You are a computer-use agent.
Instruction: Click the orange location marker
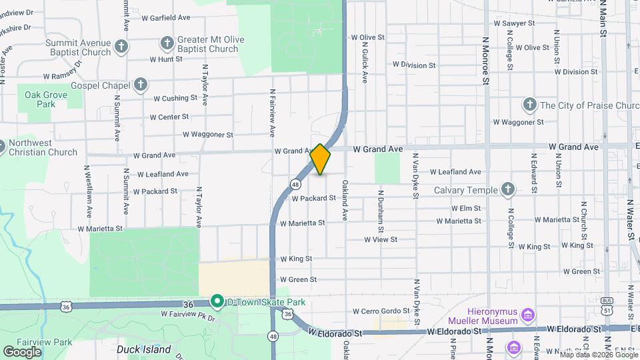tap(320, 159)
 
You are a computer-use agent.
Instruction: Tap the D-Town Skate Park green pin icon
tap(216, 302)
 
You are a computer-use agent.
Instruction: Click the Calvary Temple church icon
tap(508, 190)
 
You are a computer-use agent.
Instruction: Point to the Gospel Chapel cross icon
tap(140, 84)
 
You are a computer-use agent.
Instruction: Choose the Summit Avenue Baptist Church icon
tap(121, 47)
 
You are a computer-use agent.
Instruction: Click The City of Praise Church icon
tap(529, 105)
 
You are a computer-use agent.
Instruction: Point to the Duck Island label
tap(143, 349)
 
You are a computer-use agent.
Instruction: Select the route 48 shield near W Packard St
tap(294, 183)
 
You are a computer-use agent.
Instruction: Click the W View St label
tap(381, 239)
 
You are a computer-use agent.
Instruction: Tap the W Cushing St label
tap(175, 98)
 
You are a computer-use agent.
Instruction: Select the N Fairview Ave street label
tap(273, 113)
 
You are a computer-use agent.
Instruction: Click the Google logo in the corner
tap(22, 351)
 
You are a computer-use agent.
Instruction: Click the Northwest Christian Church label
tap(43, 147)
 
